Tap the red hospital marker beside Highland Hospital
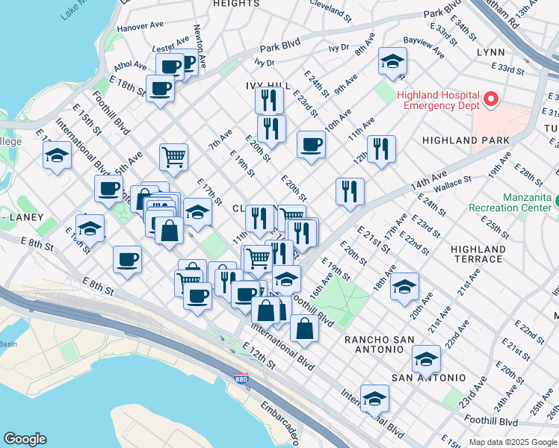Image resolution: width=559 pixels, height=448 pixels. click(491, 99)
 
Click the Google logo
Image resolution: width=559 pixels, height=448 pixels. click(25, 439)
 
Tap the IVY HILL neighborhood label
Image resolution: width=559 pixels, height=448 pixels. click(267, 86)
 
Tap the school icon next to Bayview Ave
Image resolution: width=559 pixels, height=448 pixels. click(392, 62)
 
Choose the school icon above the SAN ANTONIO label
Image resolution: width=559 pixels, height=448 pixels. click(426, 359)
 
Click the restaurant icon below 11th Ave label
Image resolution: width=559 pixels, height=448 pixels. click(381, 149)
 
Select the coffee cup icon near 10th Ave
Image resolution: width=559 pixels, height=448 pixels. click(311, 144)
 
